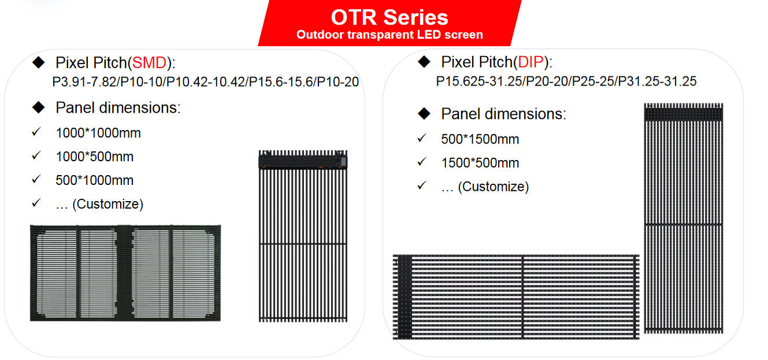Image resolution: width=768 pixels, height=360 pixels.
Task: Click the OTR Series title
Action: pyautogui.click(x=389, y=17)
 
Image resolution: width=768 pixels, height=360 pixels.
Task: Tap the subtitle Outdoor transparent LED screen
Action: pyautogui.click(x=389, y=35)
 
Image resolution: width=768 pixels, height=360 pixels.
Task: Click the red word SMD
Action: pyautogui.click(x=149, y=63)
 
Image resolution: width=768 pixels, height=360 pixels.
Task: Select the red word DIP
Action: pyautogui.click(x=530, y=62)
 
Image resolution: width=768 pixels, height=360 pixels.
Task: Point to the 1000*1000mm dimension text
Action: pyautogui.click(x=98, y=133)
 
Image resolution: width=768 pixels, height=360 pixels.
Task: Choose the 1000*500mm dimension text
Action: pyautogui.click(x=94, y=157)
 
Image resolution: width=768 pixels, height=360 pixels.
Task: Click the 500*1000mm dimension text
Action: pyautogui.click(x=94, y=180)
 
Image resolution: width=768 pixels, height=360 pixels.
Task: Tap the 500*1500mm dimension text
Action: pyautogui.click(x=480, y=139)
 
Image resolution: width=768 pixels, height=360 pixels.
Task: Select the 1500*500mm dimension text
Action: pyautogui.click(x=480, y=163)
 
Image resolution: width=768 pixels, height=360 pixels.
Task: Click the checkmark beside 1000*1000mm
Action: pyautogui.click(x=36, y=132)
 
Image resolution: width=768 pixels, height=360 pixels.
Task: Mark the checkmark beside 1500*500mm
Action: pyautogui.click(x=422, y=161)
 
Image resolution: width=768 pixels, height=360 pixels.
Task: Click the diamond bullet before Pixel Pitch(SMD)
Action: pyautogui.click(x=38, y=62)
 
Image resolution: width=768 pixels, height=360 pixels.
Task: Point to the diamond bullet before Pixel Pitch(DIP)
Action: pyautogui.click(x=424, y=62)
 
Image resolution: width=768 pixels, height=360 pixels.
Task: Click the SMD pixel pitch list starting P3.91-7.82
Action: pyautogui.click(x=205, y=82)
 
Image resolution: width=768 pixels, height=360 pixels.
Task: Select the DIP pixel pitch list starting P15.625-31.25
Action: pyautogui.click(x=566, y=81)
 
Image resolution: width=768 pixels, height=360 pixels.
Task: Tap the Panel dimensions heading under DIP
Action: pyautogui.click(x=503, y=114)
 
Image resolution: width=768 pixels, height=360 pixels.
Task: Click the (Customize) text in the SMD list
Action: pyautogui.click(x=107, y=205)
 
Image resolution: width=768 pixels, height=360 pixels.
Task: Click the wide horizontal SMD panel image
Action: pyautogui.click(x=125, y=273)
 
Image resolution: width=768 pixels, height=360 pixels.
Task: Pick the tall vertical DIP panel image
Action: pyautogui.click(x=683, y=218)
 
